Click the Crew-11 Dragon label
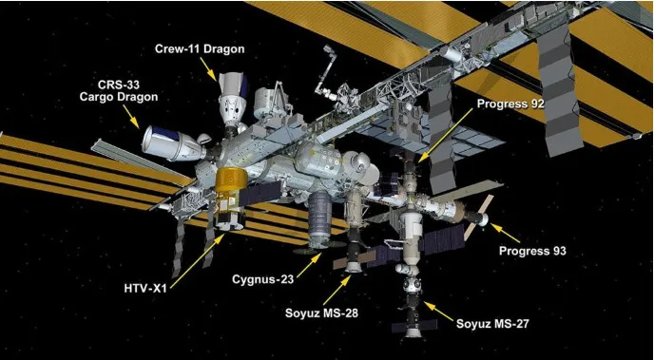coord(200,48)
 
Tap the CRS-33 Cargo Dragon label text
coord(119,91)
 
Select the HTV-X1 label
coord(146,288)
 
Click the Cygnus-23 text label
coord(262,279)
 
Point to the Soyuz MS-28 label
coord(321,313)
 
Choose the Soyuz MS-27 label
coord(492,324)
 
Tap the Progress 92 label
coord(510,104)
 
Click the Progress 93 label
coord(532,251)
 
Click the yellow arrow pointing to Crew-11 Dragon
coord(208,69)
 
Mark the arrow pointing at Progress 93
coord(505,233)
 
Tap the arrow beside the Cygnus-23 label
coord(309,265)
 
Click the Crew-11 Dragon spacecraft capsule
coord(230,99)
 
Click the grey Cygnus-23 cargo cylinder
coord(320,218)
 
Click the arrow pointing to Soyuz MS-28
coord(337,291)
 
